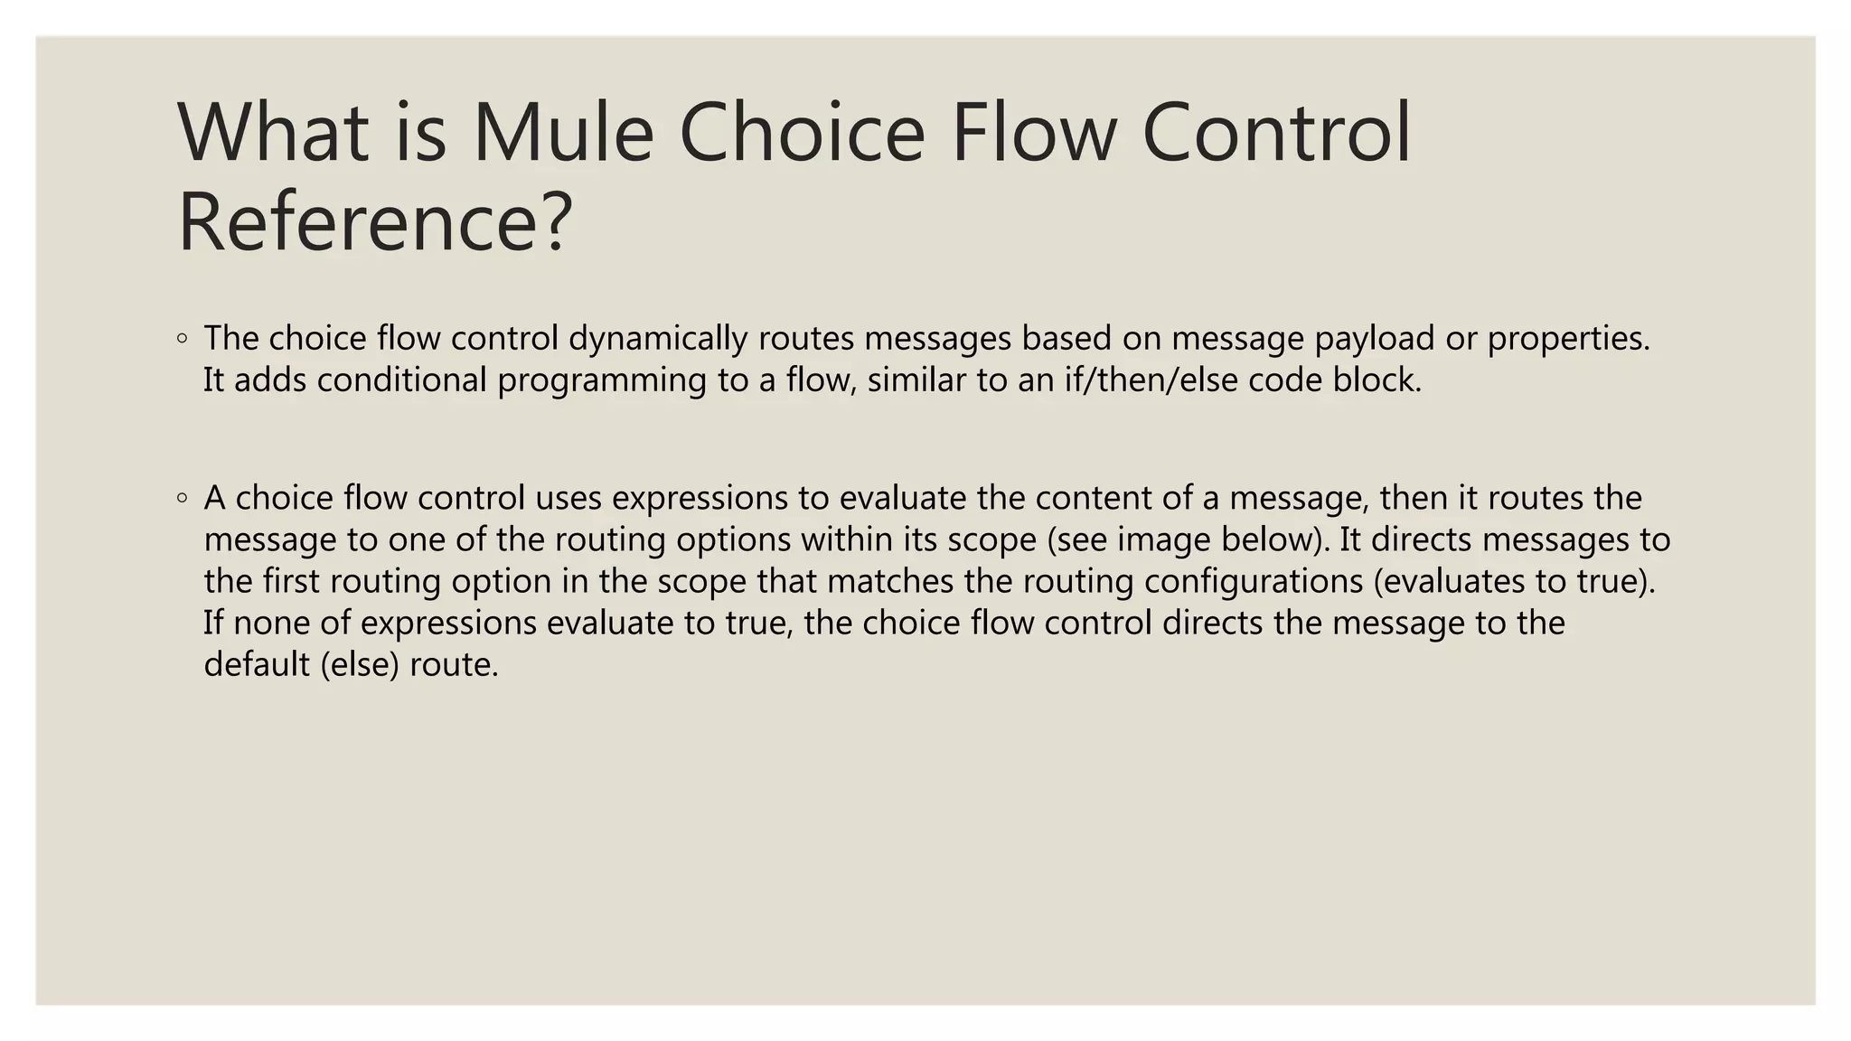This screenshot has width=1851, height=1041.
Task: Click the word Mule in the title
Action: (x=562, y=133)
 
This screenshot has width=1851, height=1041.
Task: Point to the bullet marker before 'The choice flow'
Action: (x=183, y=340)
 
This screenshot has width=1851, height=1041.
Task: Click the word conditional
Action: (x=402, y=380)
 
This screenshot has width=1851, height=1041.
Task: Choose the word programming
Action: (x=602, y=380)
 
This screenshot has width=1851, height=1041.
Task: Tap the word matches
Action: (x=890, y=581)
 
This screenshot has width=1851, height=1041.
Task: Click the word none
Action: (x=269, y=623)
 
